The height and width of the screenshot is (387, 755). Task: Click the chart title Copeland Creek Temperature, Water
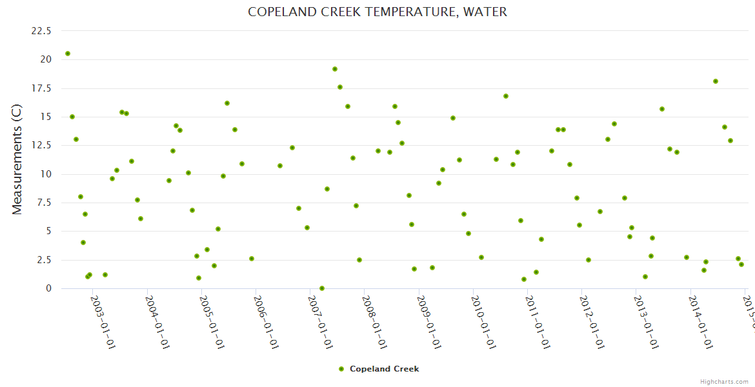click(377, 12)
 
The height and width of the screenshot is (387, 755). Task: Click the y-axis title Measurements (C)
click(17, 159)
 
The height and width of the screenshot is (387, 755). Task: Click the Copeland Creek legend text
click(384, 369)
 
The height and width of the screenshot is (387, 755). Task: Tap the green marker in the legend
click(341, 369)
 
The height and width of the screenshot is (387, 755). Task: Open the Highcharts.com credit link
click(725, 382)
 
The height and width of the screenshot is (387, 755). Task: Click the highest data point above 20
click(68, 54)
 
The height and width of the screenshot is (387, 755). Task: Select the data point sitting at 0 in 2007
click(322, 288)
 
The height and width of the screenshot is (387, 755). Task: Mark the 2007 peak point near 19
click(335, 69)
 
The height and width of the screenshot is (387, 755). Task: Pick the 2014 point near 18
click(716, 81)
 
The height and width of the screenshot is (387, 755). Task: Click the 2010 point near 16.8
click(506, 96)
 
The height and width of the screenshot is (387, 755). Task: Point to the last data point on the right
click(741, 264)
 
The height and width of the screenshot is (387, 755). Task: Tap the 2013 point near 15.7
click(662, 109)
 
